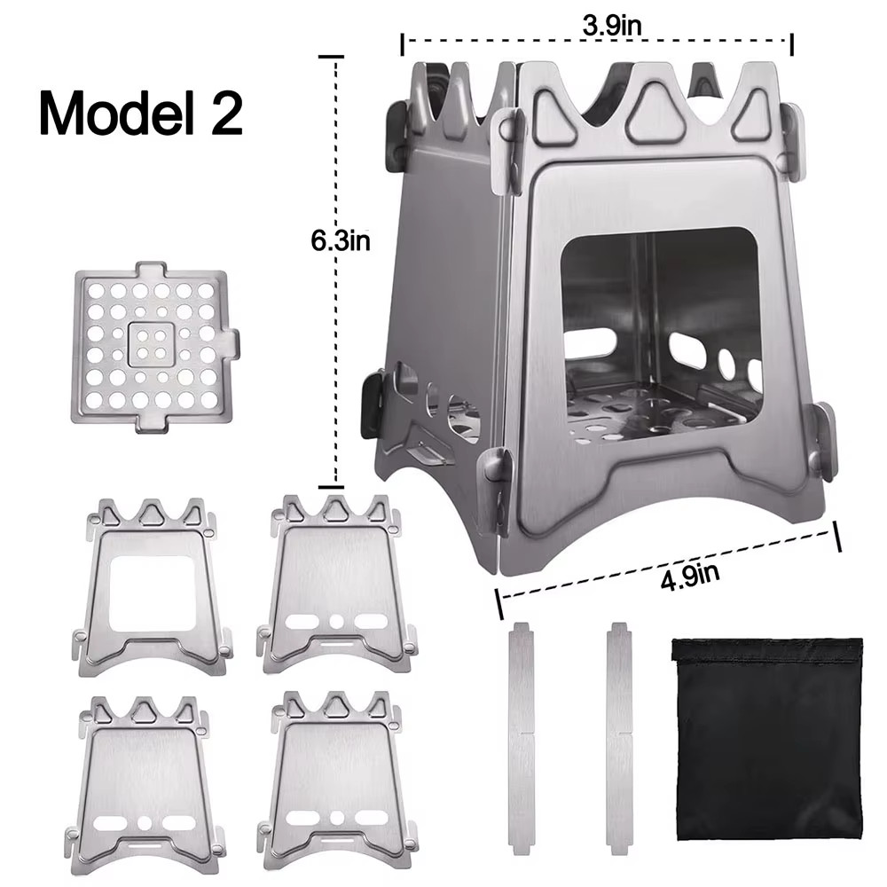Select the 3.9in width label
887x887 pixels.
tap(611, 26)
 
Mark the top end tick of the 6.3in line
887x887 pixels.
tap(331, 56)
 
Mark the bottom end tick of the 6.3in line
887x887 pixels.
tap(331, 485)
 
